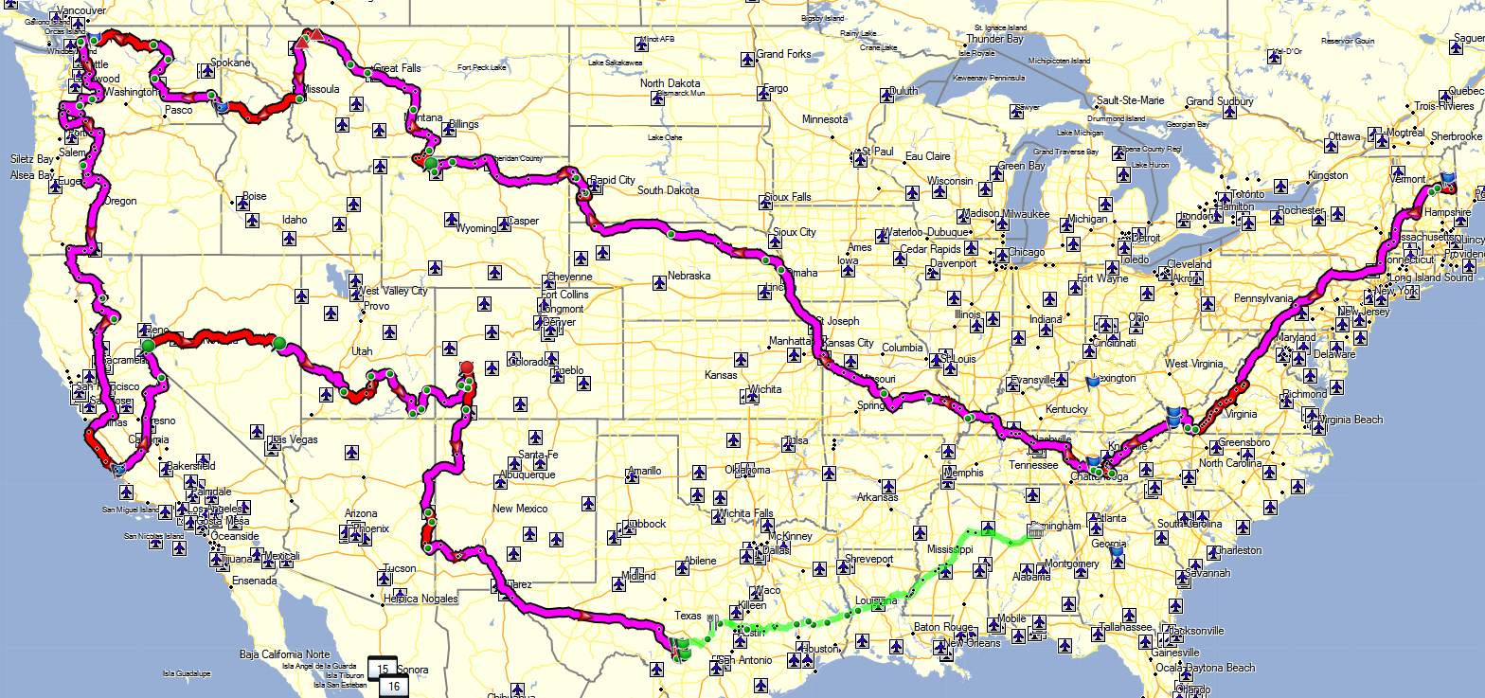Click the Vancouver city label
(81, 10)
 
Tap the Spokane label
(230, 63)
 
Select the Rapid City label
(613, 180)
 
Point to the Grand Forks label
(783, 54)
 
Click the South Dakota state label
(668, 190)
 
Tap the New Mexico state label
(520, 509)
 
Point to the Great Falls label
(399, 69)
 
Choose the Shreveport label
(869, 559)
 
